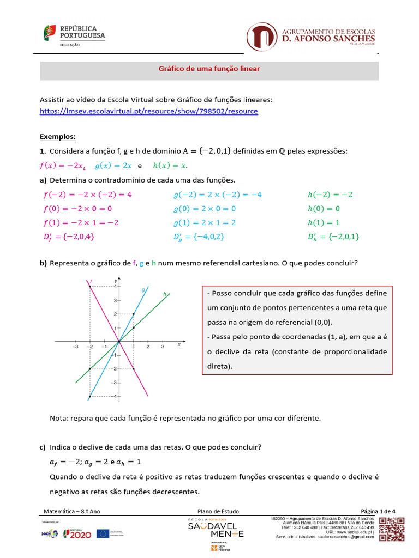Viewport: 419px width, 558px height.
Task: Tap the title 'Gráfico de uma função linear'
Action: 209,69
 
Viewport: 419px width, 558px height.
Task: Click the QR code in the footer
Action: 392,529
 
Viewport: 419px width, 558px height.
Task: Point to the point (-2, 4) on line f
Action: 89,286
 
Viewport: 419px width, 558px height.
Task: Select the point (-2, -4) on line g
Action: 89,397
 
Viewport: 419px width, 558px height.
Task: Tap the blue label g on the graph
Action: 143,290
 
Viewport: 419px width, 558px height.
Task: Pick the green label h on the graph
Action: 164,294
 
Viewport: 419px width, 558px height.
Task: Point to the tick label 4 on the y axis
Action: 115,286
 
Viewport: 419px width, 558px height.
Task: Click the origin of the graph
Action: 118,342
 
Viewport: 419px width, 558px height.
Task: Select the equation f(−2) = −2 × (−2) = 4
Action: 87,194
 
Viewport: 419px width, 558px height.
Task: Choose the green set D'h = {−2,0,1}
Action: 333,236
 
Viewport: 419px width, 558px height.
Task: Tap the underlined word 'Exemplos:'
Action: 58,136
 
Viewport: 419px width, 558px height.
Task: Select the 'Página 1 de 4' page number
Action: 378,511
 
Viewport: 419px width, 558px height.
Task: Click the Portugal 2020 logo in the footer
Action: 77,533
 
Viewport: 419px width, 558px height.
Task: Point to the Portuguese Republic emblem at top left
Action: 50,33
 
